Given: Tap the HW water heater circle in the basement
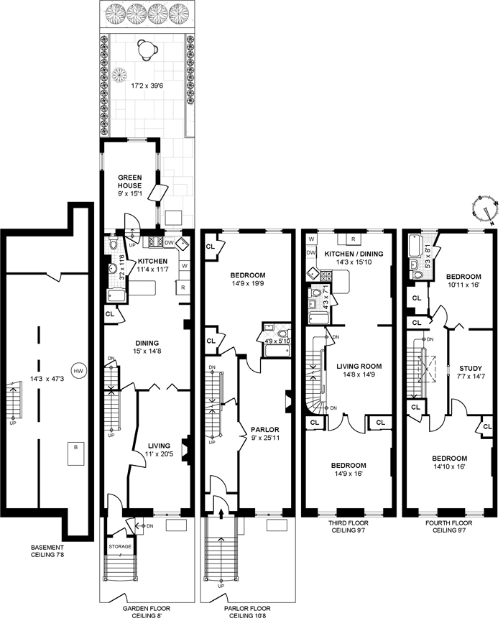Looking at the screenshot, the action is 77,371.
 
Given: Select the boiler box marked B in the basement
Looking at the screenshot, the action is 75,454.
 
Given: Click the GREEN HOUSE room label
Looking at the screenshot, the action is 129,181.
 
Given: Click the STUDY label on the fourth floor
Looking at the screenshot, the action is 470,368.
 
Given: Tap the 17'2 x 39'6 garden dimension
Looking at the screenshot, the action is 147,85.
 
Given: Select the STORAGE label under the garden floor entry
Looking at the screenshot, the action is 120,546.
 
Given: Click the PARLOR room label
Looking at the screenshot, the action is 264,429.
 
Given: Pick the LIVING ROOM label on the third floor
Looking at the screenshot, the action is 359,367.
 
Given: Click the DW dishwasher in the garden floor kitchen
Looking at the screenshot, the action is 169,242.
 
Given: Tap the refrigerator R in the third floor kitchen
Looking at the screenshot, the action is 354,239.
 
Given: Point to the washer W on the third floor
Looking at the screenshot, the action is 311,239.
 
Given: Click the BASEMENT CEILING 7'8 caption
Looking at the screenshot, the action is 47,551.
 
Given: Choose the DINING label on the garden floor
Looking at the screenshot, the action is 147,343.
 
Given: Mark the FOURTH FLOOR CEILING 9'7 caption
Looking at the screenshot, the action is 448,526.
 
